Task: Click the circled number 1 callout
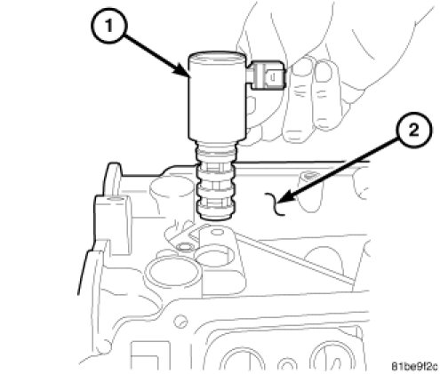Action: point(108,27)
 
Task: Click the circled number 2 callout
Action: point(414,131)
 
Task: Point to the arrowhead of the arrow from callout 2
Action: point(284,199)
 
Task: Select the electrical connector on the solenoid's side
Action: point(267,76)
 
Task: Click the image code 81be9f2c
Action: point(415,366)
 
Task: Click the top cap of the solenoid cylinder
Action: point(217,57)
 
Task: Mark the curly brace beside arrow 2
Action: point(275,203)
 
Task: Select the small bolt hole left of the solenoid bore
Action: point(183,246)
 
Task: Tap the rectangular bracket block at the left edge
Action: point(112,225)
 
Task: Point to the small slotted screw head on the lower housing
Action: point(180,322)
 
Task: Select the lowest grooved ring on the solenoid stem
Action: point(215,203)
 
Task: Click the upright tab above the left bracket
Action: point(112,179)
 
